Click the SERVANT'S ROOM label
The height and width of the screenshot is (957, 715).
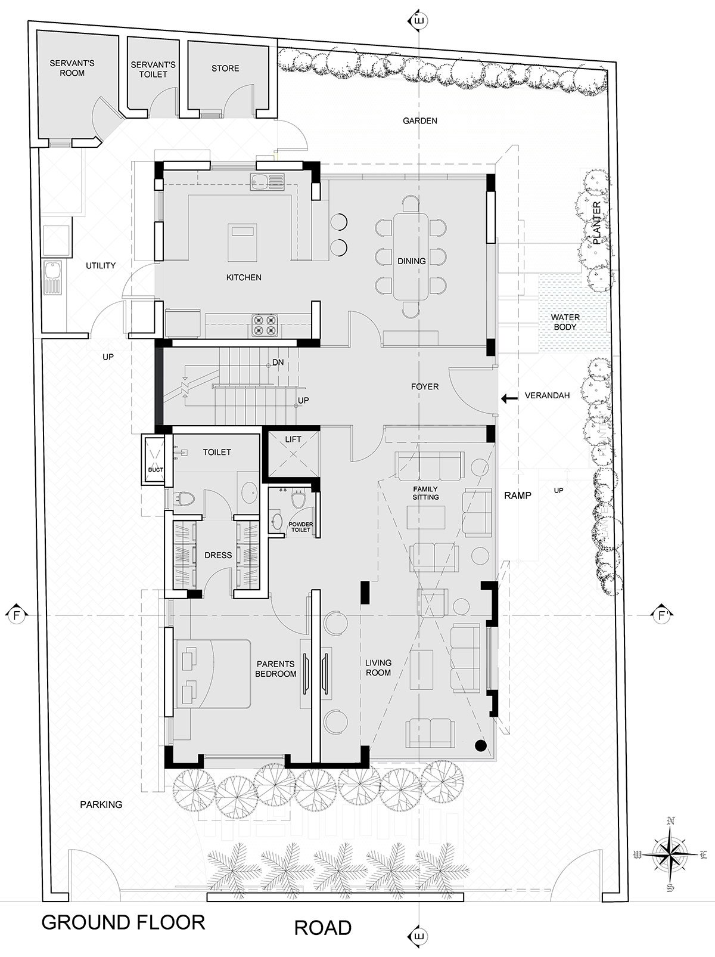pyautogui.click(x=72, y=68)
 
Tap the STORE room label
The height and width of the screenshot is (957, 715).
pyautogui.click(x=225, y=69)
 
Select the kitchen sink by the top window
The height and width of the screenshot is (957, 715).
pyautogui.click(x=267, y=182)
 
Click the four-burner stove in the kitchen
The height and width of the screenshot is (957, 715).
pyautogui.click(x=265, y=325)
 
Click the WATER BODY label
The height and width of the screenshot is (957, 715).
pyautogui.click(x=565, y=322)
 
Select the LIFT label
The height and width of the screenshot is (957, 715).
pyautogui.click(x=293, y=439)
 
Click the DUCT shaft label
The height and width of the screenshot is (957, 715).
pyautogui.click(x=156, y=470)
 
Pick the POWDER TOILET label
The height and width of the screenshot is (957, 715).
pyautogui.click(x=301, y=526)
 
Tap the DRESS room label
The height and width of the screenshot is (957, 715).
pyautogui.click(x=218, y=555)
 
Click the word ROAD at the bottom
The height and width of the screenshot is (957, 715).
pyautogui.click(x=323, y=928)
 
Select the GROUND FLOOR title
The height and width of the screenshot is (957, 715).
pyautogui.click(x=123, y=922)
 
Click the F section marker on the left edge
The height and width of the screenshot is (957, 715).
pyautogui.click(x=17, y=615)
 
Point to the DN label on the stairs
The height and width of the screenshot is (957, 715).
pyautogui.click(x=278, y=363)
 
